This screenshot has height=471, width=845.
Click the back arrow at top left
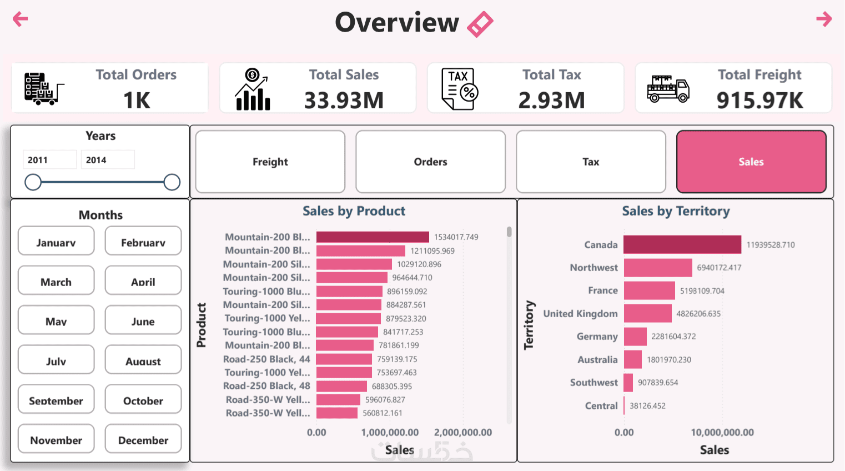coord(20,19)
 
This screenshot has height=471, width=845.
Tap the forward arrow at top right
coord(824,19)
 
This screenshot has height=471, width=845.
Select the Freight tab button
coord(270,162)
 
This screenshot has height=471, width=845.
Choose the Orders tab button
coord(430,162)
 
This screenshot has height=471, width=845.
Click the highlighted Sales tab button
coord(751,162)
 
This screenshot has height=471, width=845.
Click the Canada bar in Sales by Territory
coord(682,244)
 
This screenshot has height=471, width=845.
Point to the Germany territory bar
coord(635,337)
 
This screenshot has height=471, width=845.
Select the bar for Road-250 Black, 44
coord(344,359)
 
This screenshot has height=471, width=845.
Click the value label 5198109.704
coord(702,290)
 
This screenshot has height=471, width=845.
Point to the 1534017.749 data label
coord(456,237)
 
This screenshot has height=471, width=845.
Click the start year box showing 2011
coord(49,160)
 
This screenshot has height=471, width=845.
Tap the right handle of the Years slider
coord(172,182)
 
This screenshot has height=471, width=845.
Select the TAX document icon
coord(459,89)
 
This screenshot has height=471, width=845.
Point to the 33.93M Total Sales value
coord(344,101)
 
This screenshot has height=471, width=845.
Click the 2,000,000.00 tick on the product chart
coord(462,432)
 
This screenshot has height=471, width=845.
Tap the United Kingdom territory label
coord(580,314)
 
